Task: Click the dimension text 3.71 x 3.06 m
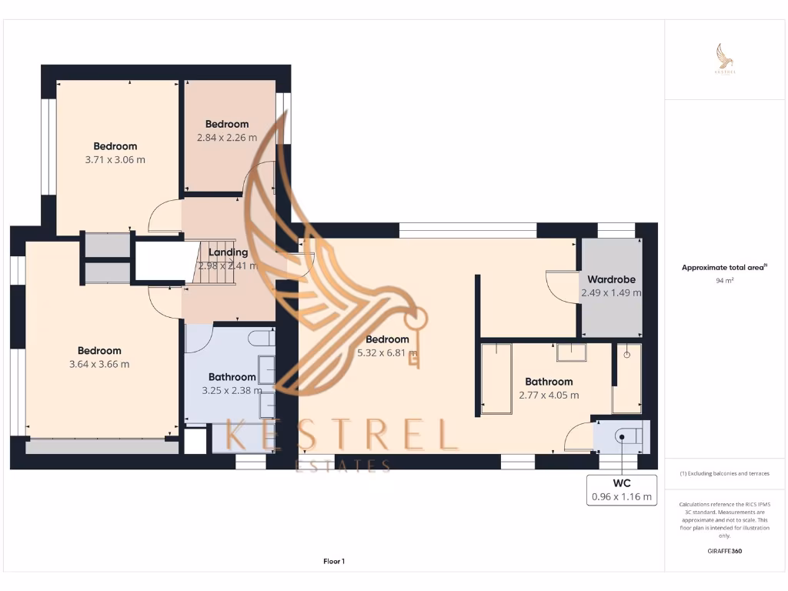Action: click(x=115, y=160)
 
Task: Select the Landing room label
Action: click(x=229, y=252)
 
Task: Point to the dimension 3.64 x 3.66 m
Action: click(x=99, y=364)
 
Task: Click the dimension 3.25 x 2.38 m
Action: click(x=232, y=390)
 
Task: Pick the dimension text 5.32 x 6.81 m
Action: click(x=387, y=353)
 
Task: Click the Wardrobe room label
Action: click(x=610, y=279)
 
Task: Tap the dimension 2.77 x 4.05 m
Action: click(x=549, y=395)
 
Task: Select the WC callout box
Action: click(x=622, y=489)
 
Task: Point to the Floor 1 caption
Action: click(x=333, y=562)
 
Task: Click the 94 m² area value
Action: click(x=724, y=281)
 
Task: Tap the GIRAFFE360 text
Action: click(x=724, y=551)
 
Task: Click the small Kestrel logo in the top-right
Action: click(x=725, y=59)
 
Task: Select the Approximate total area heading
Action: click(x=723, y=268)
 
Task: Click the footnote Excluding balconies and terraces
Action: click(x=724, y=473)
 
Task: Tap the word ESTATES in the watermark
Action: click(x=343, y=465)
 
